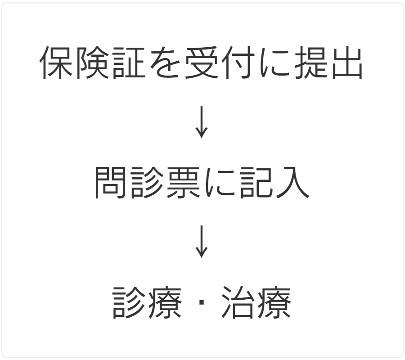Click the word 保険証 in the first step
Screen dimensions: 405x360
point(92,63)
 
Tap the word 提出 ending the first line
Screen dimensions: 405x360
point(328,63)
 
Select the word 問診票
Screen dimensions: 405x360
point(148,183)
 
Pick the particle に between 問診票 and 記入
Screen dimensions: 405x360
point(220,183)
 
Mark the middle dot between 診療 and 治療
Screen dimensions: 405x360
point(202,302)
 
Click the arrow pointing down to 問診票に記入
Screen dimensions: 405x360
point(202,122)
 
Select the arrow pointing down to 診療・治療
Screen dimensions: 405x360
point(202,242)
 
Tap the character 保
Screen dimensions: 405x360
point(56,63)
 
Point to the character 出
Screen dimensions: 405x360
point(347,63)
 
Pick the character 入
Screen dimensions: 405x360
point(293,183)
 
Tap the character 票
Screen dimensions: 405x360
point(184,183)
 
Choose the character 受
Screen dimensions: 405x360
point(201,63)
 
